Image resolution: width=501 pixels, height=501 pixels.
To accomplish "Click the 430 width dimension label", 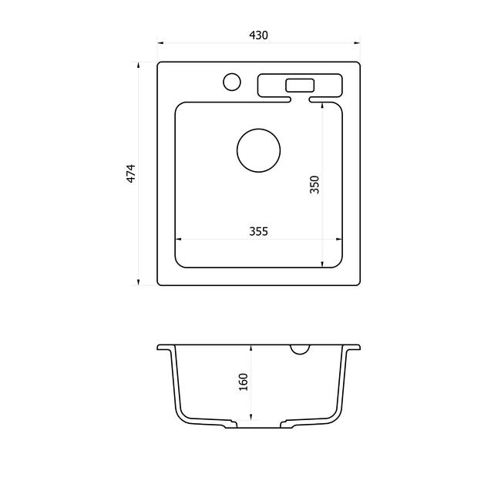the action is click(x=258, y=35).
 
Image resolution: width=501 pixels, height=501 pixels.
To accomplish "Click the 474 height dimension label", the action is click(x=131, y=173).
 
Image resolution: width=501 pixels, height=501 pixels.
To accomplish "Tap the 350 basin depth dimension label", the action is click(x=314, y=184).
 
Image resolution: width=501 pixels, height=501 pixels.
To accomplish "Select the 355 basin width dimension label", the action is click(x=258, y=231).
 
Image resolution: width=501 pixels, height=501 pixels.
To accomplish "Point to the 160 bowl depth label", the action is click(x=244, y=382).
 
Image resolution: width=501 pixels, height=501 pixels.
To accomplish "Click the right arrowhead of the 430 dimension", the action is click(x=357, y=42).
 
